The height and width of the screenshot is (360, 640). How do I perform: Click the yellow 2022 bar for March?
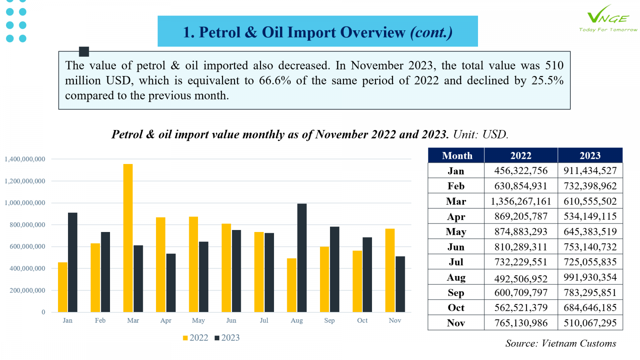[128, 238]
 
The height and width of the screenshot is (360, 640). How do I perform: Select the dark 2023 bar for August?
[302, 258]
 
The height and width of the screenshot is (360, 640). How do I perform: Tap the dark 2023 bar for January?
[72, 262]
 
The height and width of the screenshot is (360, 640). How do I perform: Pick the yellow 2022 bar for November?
[390, 270]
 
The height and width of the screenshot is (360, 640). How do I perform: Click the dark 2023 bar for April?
[171, 283]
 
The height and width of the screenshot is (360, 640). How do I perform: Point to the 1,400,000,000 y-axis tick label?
[25, 159]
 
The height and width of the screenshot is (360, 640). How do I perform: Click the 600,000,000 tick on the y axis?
[28, 246]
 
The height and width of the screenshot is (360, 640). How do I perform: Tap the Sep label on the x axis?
[330, 320]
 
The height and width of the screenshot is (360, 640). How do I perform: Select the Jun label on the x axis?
[231, 320]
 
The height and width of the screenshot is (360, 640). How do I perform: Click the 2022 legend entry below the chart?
[196, 338]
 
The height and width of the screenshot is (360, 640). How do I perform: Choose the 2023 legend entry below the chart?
[227, 338]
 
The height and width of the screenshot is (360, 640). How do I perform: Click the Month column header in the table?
[457, 156]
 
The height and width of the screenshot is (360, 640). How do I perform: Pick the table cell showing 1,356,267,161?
[521, 201]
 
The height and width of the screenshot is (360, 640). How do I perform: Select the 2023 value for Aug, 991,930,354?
[590, 277]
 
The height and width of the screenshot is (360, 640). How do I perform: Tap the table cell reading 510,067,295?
[590, 323]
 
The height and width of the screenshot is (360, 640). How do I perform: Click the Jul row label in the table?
[456, 262]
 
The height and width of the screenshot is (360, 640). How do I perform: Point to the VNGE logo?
[608, 18]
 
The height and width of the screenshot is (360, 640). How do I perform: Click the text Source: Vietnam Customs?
[560, 343]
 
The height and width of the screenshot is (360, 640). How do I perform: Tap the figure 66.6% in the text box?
[275, 80]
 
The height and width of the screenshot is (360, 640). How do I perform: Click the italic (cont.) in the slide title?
[432, 32]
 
